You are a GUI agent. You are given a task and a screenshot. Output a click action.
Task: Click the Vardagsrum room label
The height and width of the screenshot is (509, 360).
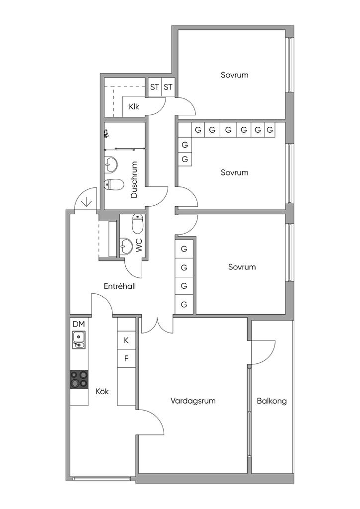(x=193, y=401)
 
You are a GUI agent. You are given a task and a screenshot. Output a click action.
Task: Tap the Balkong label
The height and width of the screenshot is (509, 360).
(x=271, y=401)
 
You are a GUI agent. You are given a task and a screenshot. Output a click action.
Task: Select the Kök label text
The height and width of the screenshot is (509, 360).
(x=102, y=391)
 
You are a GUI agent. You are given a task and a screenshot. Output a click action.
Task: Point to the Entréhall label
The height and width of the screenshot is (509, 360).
(x=120, y=286)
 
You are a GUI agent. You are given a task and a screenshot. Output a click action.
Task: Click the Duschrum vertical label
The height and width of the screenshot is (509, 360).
(x=134, y=179)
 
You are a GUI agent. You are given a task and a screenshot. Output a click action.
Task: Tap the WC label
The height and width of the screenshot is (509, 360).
(x=139, y=246)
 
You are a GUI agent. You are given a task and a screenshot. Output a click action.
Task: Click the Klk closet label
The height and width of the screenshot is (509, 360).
(x=134, y=106)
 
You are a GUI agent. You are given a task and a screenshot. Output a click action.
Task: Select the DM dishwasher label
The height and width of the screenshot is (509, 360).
(x=79, y=324)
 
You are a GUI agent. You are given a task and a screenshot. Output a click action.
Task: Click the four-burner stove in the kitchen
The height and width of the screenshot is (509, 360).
(x=79, y=379)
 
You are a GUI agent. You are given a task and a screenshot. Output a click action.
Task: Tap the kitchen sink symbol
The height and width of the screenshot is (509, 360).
(x=79, y=340)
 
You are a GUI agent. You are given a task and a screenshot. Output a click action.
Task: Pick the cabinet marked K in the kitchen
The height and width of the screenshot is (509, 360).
(x=126, y=340)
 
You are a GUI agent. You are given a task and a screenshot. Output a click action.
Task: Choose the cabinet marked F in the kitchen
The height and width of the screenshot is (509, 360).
(x=126, y=359)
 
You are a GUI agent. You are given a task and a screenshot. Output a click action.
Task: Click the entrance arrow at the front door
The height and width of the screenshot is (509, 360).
(x=87, y=203)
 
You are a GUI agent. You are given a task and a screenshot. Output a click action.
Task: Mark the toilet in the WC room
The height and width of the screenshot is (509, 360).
(x=138, y=224)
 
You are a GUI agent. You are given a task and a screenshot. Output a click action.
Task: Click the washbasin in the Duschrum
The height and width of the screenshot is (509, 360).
(x=111, y=165)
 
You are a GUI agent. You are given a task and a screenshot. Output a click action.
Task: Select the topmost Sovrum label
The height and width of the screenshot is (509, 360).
(x=234, y=75)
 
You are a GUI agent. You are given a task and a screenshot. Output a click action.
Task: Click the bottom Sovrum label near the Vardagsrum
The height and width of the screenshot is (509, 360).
(x=242, y=267)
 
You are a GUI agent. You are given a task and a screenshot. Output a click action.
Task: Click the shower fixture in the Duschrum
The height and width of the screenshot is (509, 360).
(x=106, y=133)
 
